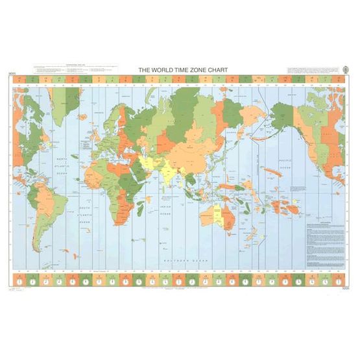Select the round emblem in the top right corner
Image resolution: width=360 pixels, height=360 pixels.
tap(344, 70)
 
